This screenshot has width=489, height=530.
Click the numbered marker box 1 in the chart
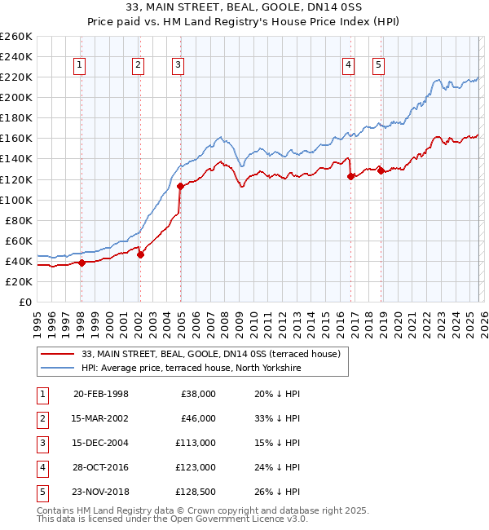click(81, 66)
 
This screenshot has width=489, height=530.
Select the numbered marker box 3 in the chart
click(178, 66)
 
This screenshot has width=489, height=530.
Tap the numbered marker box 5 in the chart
click(379, 66)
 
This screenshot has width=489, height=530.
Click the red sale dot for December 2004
click(180, 186)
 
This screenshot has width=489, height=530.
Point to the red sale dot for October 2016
click(350, 175)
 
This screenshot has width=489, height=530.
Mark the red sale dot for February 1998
click(81, 263)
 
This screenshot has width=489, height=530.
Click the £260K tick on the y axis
click(16, 37)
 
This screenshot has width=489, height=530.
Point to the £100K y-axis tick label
click(16, 200)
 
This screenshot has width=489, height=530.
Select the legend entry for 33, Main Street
click(215, 354)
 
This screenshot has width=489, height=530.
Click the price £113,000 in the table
click(197, 443)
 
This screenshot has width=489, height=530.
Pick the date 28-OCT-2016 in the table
click(100, 467)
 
